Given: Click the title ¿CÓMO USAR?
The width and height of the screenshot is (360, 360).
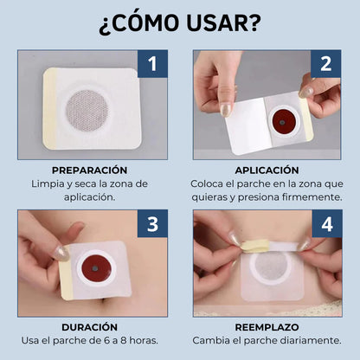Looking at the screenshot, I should coord(180,23).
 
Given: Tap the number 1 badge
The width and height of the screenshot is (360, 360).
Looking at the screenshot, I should coord(152,65).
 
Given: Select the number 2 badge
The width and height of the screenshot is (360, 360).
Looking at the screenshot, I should coord(326,65).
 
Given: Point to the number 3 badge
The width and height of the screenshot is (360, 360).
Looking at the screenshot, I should coord(152,225).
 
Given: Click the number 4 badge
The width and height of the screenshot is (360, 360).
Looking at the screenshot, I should coord(326,225).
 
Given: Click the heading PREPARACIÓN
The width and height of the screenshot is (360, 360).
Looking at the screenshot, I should coord(88,170).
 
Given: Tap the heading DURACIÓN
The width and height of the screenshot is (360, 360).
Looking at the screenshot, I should coord(88,328).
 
